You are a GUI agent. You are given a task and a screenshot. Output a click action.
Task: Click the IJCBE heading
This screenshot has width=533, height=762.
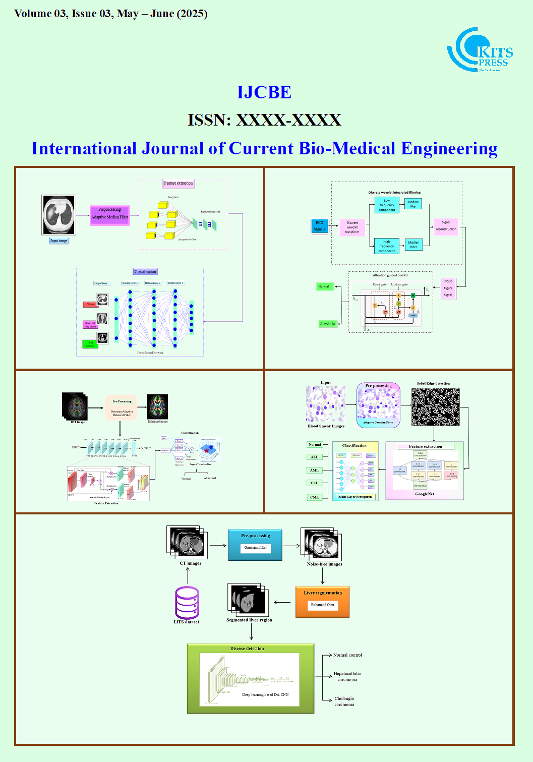tap(264, 92)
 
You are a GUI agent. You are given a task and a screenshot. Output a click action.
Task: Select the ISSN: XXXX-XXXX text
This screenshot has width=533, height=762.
tap(264, 120)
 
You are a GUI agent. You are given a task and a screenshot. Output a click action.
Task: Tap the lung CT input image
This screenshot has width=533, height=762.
tap(58, 215)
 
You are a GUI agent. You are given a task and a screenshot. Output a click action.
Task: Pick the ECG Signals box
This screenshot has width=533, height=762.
tap(320, 226)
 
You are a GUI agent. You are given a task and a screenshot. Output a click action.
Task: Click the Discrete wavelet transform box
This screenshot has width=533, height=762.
tap(352, 227)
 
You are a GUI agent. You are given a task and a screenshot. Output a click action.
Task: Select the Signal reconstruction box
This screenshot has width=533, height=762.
tap(446, 225)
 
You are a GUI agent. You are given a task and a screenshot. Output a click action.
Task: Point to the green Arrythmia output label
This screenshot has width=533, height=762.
tap(327, 324)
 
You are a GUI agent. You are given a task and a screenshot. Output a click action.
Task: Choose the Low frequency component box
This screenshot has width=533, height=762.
tap(387, 205)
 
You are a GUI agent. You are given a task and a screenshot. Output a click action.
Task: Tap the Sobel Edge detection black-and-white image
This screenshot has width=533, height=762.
tap(435, 406)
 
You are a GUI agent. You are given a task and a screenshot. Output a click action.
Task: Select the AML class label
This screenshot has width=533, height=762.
tap(314, 470)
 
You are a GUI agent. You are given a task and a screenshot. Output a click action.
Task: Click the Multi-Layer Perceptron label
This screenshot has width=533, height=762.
tap(355, 497)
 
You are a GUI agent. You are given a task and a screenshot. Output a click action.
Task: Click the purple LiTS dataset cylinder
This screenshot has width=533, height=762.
tap(187, 602)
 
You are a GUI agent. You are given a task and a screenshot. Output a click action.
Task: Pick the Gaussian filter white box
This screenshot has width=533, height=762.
tap(256, 548)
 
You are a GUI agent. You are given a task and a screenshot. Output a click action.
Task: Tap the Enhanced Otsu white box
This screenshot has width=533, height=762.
tap(322, 605)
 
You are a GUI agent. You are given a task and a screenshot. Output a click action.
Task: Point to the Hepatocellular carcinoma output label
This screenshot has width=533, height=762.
tap(347, 676)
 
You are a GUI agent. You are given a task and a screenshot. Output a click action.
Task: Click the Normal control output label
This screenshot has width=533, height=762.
tap(347, 655)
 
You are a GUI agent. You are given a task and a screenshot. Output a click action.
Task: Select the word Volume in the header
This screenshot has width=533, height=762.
tap(33, 14)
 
